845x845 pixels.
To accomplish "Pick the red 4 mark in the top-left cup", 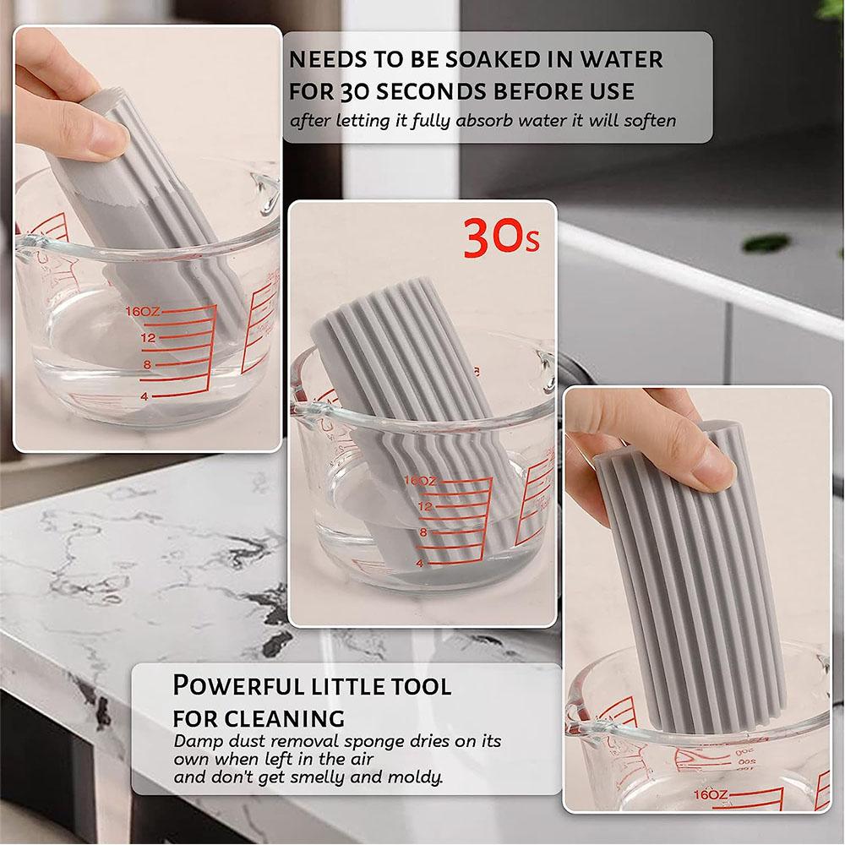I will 144,395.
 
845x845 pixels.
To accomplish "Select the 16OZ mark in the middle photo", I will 420,480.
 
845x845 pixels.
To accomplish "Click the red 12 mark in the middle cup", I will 424,506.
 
